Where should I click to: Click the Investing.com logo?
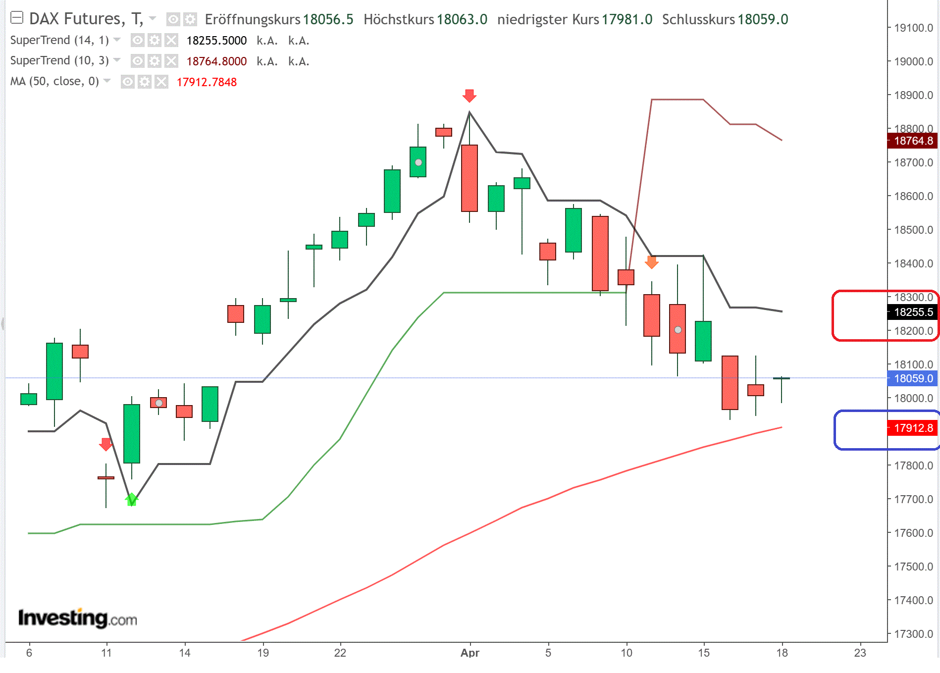(x=77, y=618)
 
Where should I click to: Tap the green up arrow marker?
(x=131, y=499)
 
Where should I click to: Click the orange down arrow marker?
(x=651, y=262)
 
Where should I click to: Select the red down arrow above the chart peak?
(x=469, y=96)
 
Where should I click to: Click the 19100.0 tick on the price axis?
(x=913, y=28)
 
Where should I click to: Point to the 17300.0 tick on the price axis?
(x=913, y=634)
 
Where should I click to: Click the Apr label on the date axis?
(x=470, y=653)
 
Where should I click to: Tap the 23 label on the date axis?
(x=860, y=653)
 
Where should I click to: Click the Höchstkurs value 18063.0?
(x=462, y=19)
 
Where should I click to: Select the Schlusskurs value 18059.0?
(x=763, y=19)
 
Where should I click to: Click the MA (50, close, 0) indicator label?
(x=54, y=81)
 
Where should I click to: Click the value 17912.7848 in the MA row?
(x=207, y=82)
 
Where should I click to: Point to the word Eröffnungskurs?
(x=253, y=19)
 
